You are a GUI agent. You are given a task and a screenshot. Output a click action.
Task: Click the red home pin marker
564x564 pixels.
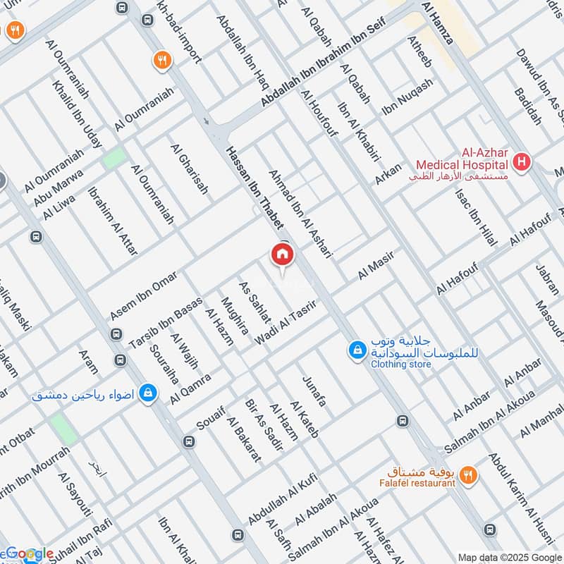(x=282, y=255)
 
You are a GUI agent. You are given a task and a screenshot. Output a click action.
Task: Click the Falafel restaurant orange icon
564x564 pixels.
(x=468, y=477)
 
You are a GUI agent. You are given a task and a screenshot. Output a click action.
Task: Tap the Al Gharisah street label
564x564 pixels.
(x=190, y=169)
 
